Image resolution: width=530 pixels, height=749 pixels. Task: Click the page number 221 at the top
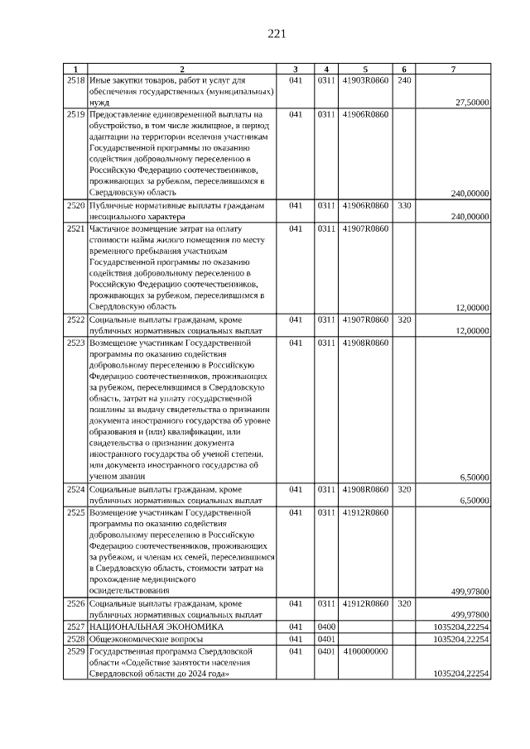(277, 34)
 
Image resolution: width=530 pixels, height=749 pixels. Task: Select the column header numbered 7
(453, 69)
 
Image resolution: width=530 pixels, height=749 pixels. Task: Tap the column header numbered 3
(296, 69)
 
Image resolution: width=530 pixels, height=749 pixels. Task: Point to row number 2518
(75, 80)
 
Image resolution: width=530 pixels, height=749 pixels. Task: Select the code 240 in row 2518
(404, 80)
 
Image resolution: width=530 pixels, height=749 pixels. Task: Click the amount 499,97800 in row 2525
(470, 591)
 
